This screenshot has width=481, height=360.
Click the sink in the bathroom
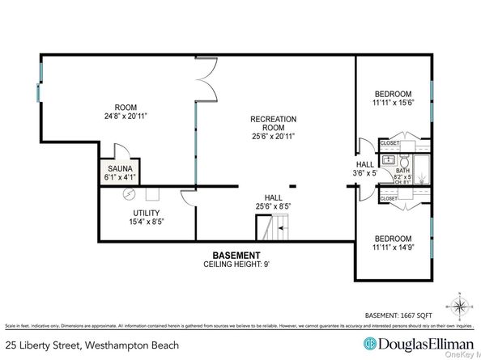(388, 160)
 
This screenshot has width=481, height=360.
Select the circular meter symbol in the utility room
(126, 194)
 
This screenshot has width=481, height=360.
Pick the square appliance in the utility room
(151, 194)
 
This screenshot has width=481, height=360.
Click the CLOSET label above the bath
(389, 142)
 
